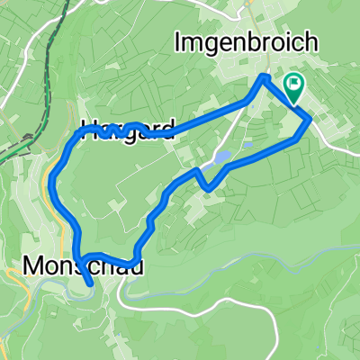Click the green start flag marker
click(293, 85)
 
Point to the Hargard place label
click(126, 131)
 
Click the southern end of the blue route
click(91, 283)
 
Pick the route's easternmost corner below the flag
click(310, 119)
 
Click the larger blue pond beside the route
click(220, 159)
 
